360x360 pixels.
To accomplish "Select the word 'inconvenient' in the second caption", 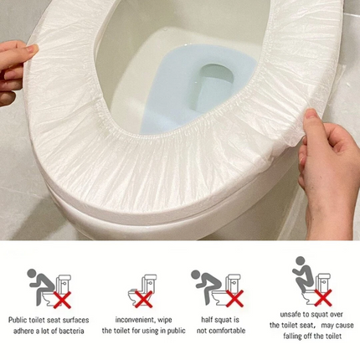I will [x=131, y=319].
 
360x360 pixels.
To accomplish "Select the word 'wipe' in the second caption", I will [x=166, y=319].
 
